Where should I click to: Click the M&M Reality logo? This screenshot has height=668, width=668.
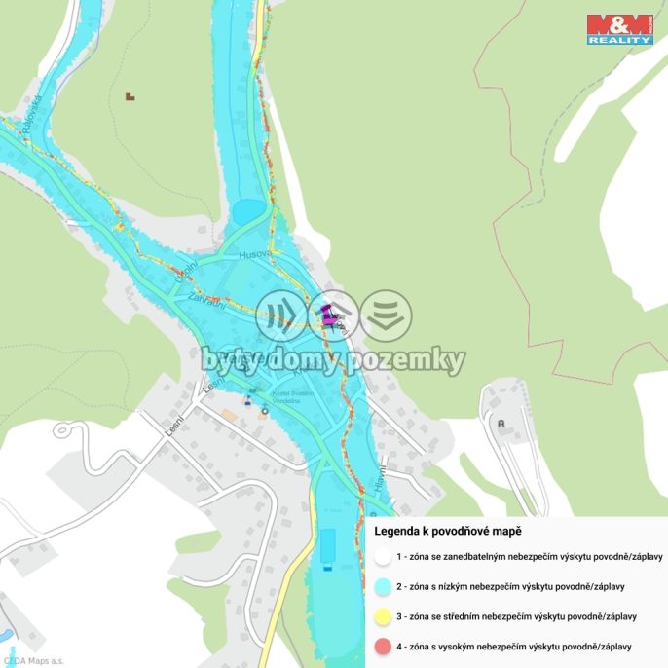pos(619,29)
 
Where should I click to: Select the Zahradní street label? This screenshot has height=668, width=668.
pos(207,302)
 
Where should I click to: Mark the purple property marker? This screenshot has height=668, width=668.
pos(328,315)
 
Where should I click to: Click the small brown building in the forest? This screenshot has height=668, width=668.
pos(130,96)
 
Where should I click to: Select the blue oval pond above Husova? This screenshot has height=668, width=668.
pos(248,210)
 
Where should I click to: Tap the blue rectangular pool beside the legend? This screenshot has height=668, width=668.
pos(327,549)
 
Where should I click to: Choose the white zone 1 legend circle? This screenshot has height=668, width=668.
pos(382,557)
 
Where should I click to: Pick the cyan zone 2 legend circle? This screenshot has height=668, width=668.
pos(382,587)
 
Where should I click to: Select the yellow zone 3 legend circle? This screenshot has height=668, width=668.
pos(382,616)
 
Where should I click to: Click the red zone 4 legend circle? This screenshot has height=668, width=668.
pos(382,647)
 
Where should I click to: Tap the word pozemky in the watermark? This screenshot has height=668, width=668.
pos(410,361)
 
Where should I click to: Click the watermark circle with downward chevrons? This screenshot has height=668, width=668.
pos(387,315)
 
